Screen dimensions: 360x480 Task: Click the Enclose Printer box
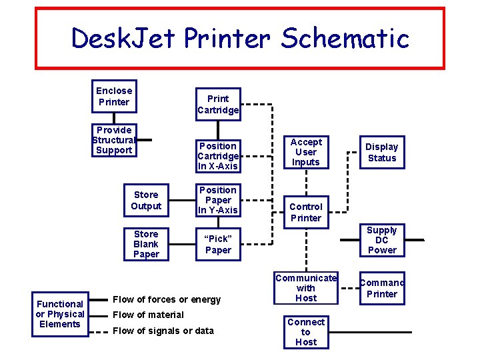click(x=114, y=97)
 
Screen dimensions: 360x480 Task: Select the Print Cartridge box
click(x=218, y=104)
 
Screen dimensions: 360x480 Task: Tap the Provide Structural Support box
click(x=114, y=140)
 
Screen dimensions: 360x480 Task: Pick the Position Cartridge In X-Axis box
click(x=218, y=155)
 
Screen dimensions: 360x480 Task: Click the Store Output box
click(x=146, y=200)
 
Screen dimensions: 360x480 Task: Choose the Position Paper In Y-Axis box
click(x=218, y=200)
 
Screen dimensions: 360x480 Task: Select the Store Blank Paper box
click(x=146, y=244)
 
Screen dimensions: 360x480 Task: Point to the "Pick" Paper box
click(x=218, y=244)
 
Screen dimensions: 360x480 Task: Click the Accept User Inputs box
click(x=306, y=152)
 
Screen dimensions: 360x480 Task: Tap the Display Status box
click(x=381, y=152)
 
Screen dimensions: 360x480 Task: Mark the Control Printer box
click(x=306, y=212)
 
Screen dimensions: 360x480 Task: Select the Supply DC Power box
click(x=381, y=240)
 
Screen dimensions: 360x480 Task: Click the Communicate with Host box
click(x=306, y=288)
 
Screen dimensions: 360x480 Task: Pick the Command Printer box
click(x=381, y=288)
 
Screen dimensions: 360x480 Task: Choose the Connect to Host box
click(x=306, y=332)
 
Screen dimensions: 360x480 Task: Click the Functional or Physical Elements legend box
click(x=60, y=314)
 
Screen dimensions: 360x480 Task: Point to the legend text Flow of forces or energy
click(x=167, y=299)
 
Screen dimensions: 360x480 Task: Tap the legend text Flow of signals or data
click(x=163, y=331)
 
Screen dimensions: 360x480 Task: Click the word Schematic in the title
click(x=345, y=39)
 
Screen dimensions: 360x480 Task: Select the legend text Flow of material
click(x=148, y=315)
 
